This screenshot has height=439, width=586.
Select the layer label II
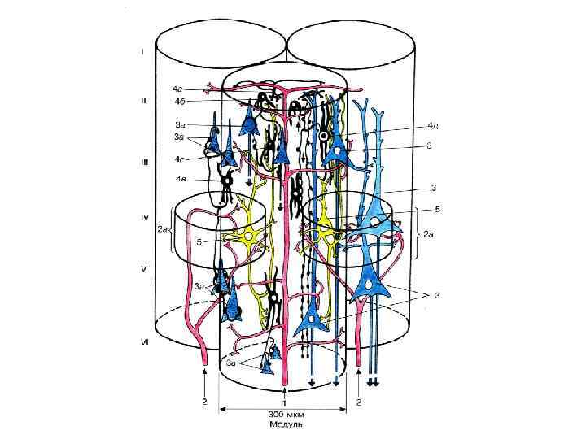[x=142, y=101]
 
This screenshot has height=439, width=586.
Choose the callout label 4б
[x=177, y=102]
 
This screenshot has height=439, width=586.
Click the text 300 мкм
[x=282, y=415]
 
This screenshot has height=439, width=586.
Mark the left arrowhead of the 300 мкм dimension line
[x=225, y=408]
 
